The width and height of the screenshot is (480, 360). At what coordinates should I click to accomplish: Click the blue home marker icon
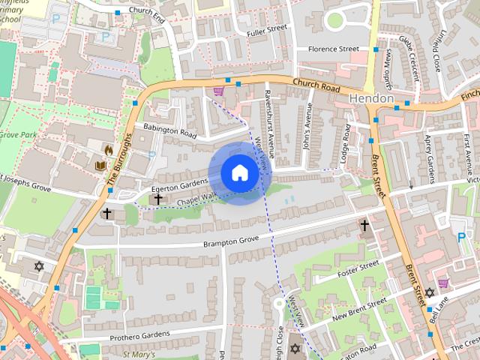pos(239,173)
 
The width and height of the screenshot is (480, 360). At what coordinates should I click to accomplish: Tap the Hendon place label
pos(371,99)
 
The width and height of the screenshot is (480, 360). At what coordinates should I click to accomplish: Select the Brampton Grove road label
pos(231,241)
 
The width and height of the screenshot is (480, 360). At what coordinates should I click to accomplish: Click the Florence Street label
pos(334,49)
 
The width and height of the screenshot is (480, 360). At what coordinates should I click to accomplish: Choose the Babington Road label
pos(169,131)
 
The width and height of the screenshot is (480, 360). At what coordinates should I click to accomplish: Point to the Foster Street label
pos(358,268)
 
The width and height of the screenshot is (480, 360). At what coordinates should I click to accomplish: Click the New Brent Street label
pos(359,307)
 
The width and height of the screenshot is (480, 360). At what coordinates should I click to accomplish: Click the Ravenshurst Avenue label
pos(268,124)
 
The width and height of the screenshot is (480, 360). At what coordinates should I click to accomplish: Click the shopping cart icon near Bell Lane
pos(443,283)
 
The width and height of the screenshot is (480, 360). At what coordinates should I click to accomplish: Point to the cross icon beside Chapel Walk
pos(157,199)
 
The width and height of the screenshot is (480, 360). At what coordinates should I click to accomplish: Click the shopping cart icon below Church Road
pos(218,91)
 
